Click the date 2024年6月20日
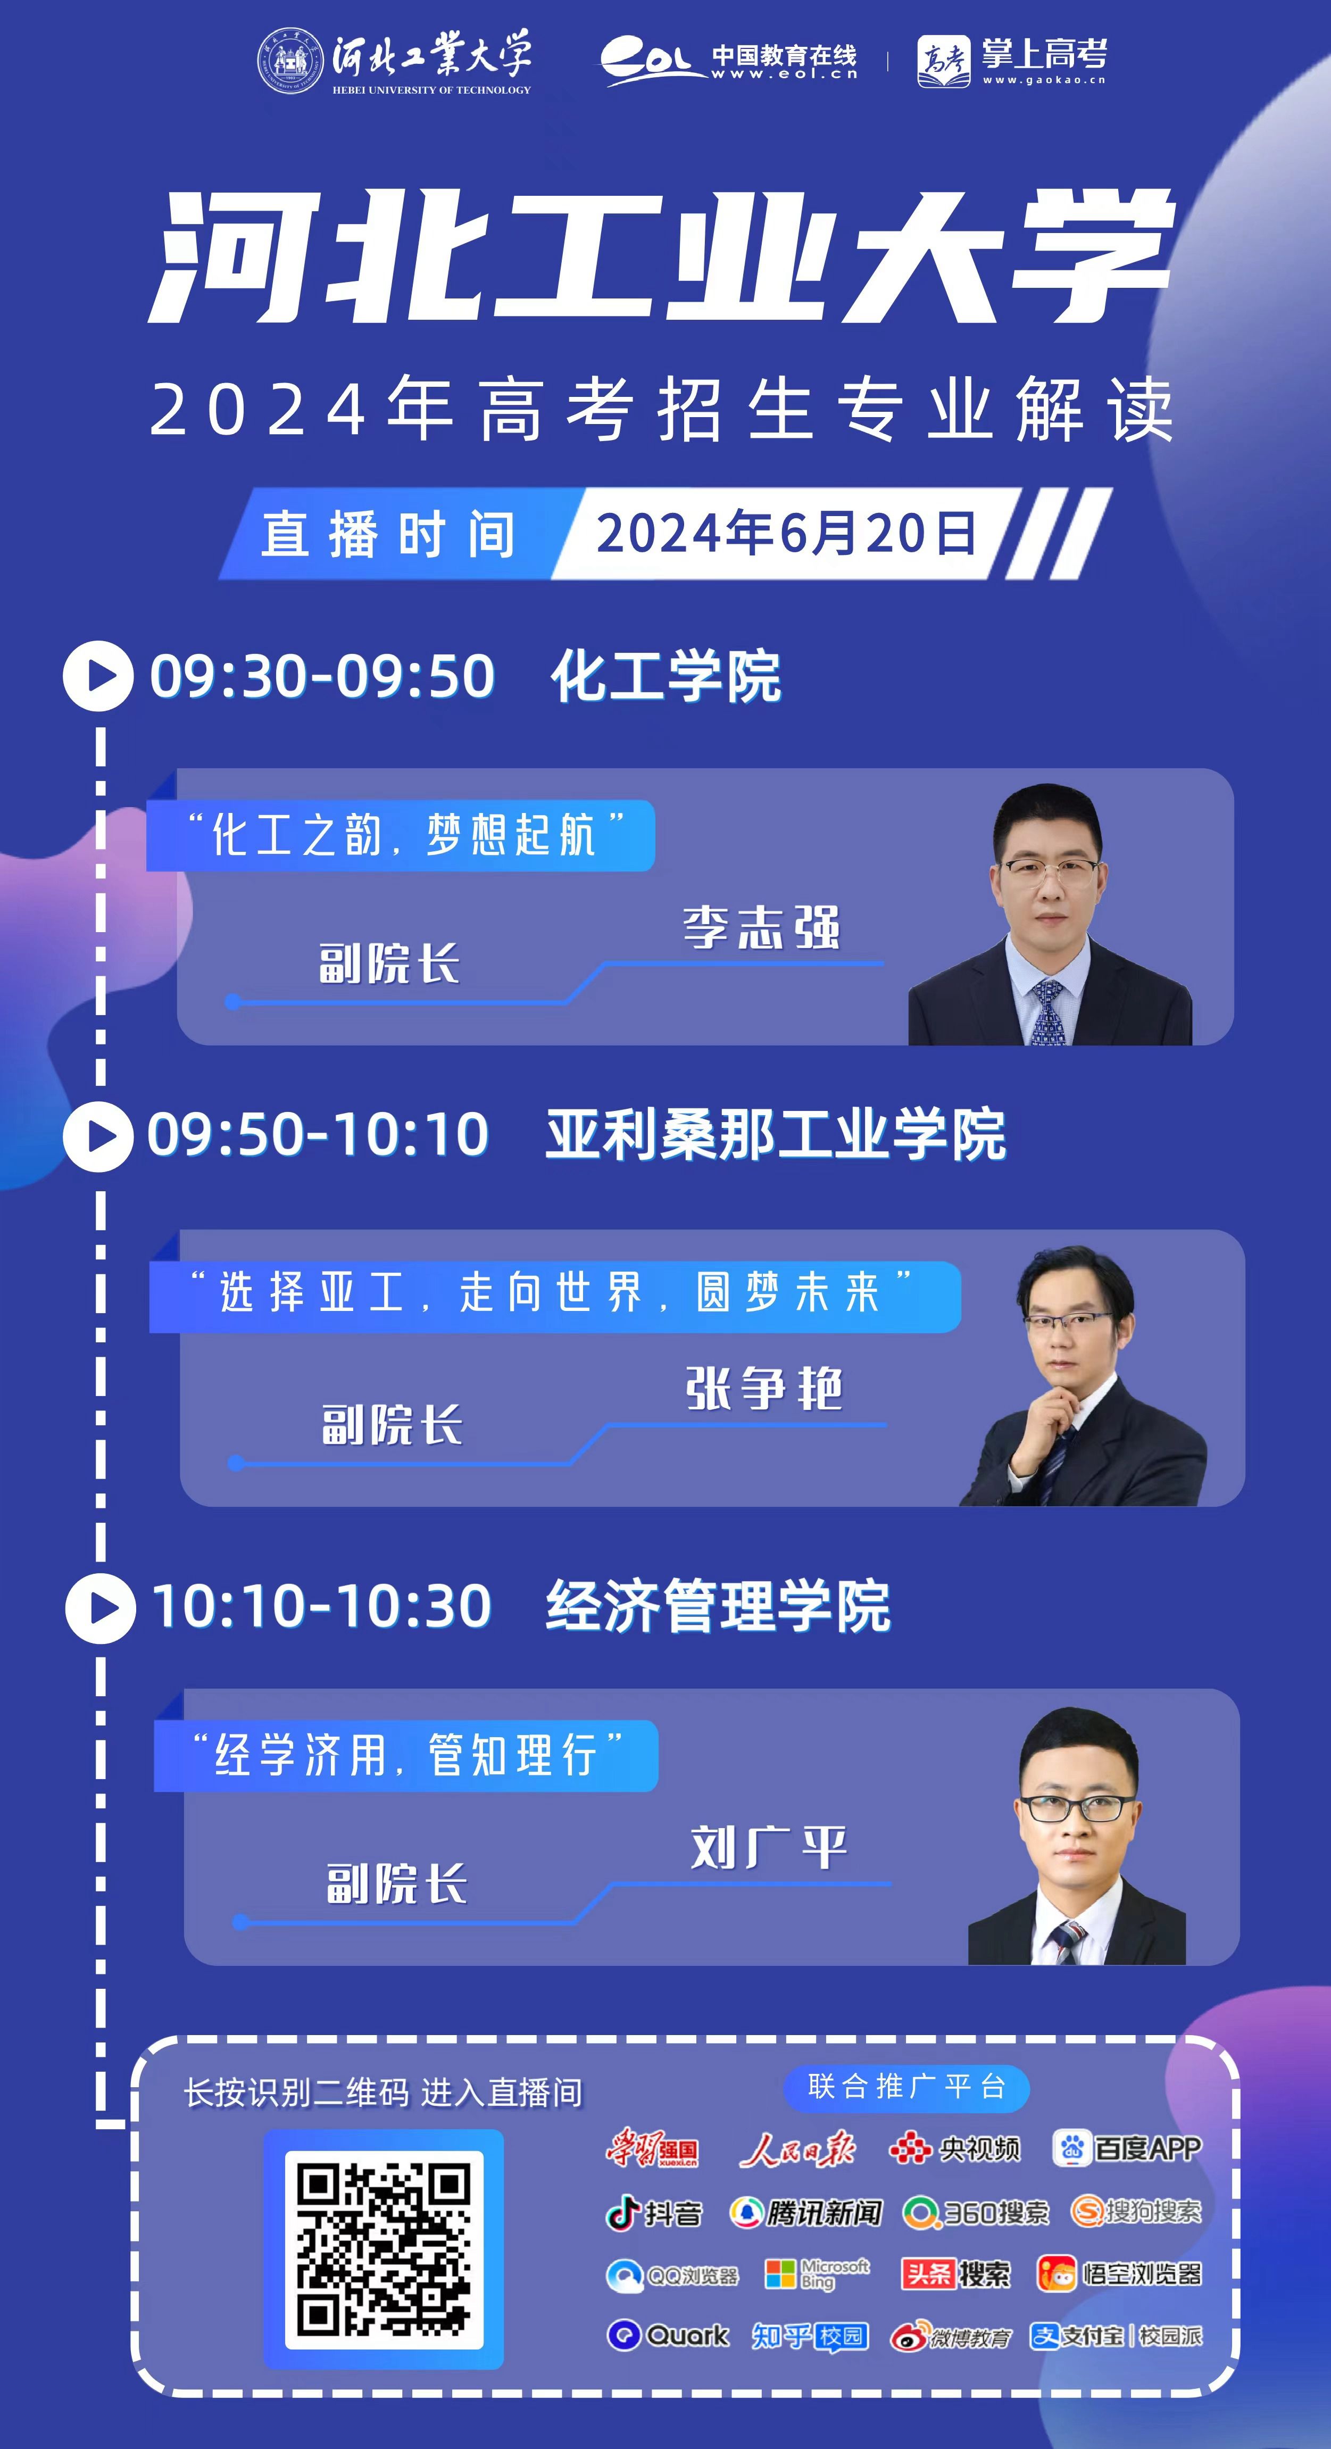785,533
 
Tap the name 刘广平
768,1847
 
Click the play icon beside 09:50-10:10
98,1135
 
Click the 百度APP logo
1127,2148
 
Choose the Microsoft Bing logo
818,2275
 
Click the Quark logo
668,2335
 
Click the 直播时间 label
389,533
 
